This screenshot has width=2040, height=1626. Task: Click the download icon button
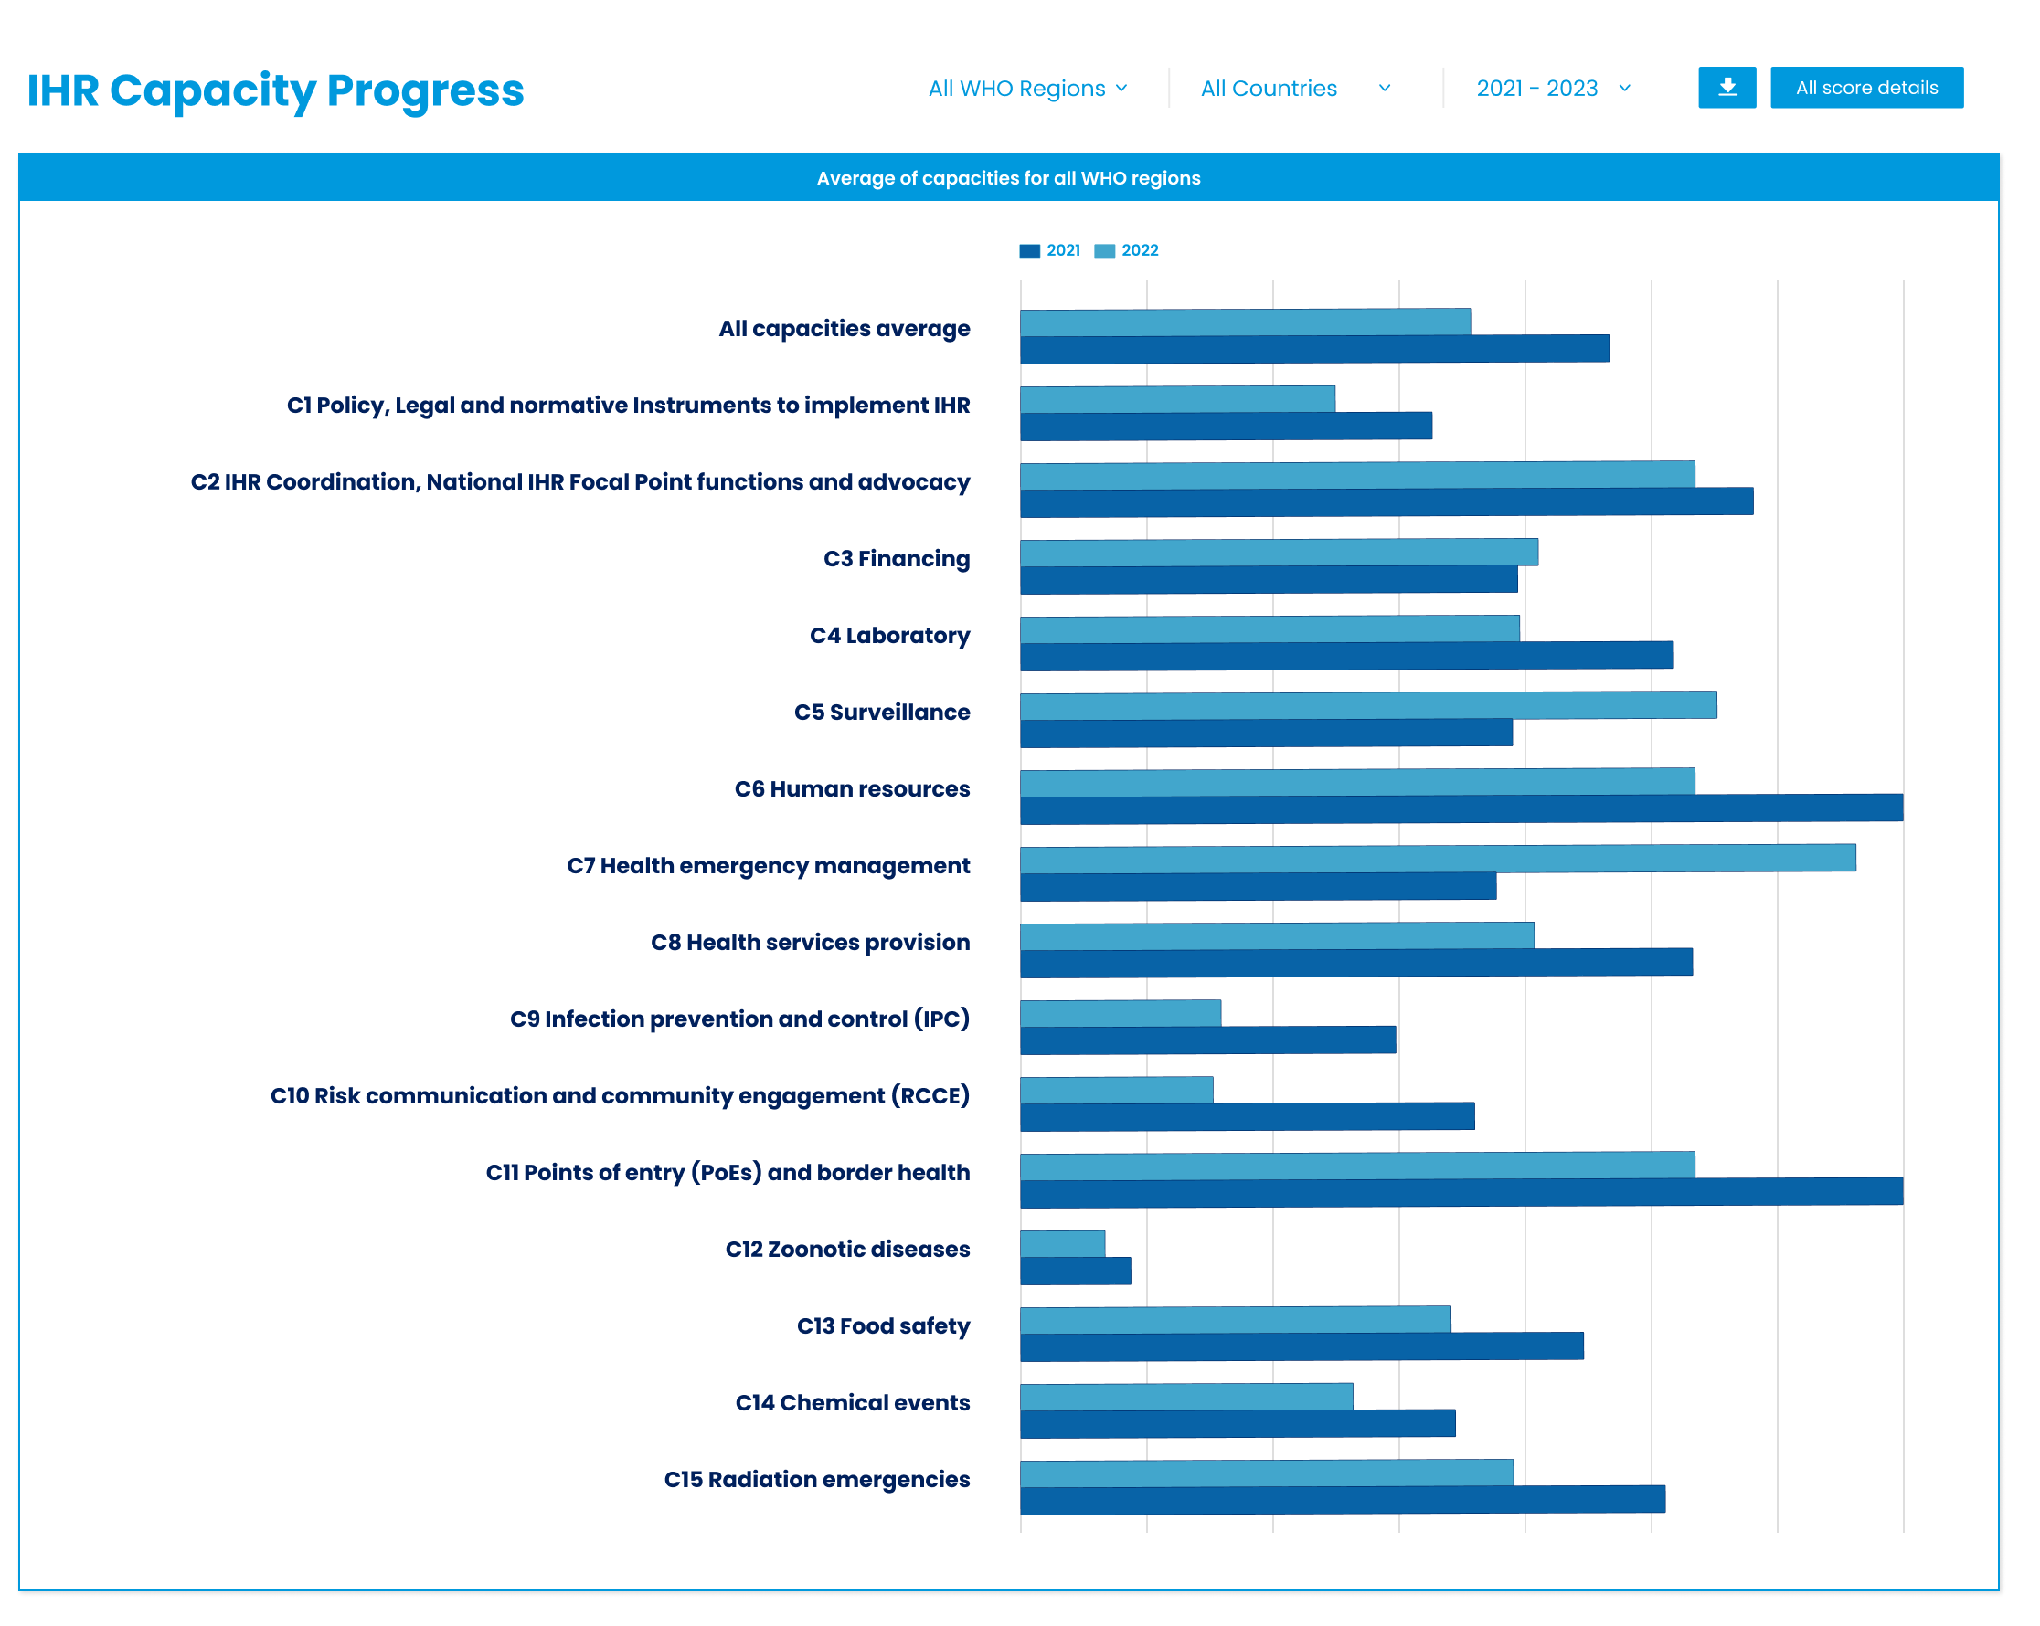(x=1727, y=88)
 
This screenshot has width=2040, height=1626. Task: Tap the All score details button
(x=1866, y=88)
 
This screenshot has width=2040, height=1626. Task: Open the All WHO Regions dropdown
(x=1027, y=89)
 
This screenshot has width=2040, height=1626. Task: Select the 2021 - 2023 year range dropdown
(x=1553, y=89)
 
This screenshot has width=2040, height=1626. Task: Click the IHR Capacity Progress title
(x=275, y=91)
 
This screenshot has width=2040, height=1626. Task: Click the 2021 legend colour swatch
(x=1029, y=250)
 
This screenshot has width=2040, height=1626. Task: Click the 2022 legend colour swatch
(x=1104, y=250)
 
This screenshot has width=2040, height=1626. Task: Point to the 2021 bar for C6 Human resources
(x=1461, y=808)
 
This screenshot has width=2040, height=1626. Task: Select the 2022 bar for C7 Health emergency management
(x=1438, y=859)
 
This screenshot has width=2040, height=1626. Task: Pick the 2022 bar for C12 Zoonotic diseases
(x=1062, y=1244)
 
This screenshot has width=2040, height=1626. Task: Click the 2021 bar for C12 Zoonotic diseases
(x=1075, y=1272)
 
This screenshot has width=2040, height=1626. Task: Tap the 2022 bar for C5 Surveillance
(x=1367, y=705)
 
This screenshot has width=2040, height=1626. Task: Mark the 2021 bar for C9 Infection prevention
(x=1207, y=1040)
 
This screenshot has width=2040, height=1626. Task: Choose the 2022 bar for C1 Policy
(x=1177, y=399)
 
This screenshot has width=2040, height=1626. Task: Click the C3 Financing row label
(x=896, y=559)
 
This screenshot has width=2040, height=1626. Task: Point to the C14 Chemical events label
(x=853, y=1403)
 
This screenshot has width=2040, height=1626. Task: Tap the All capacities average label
(x=844, y=329)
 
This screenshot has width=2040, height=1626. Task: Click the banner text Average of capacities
(x=1009, y=178)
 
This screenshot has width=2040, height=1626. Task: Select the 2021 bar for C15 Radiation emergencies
(x=1342, y=1500)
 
